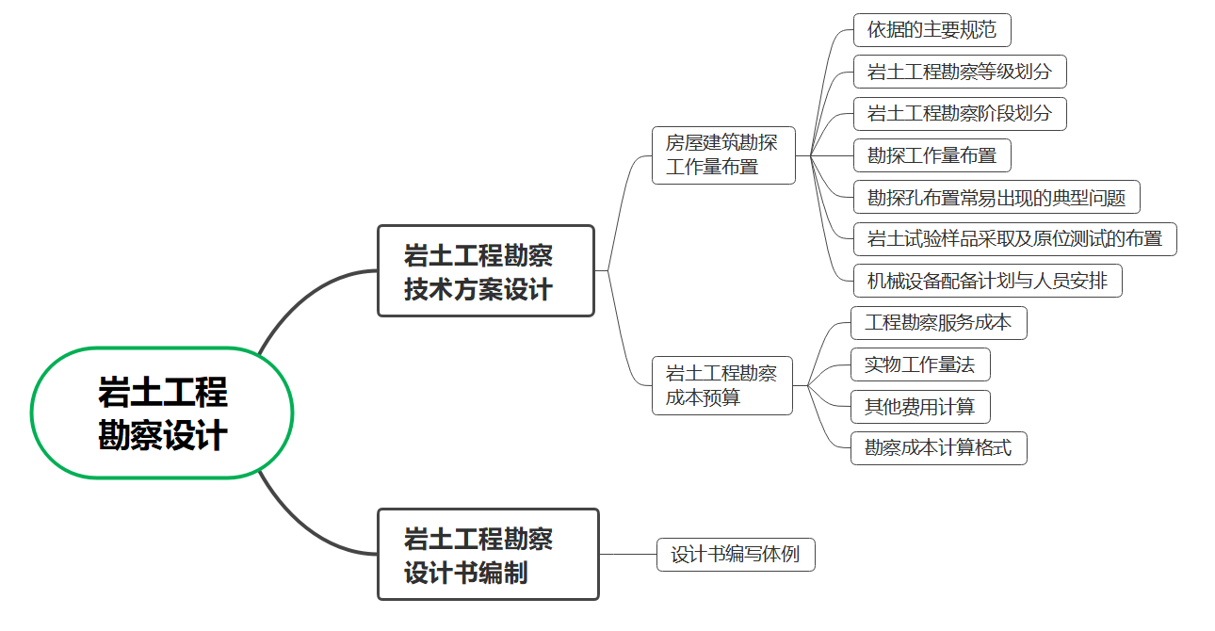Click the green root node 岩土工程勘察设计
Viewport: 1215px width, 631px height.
pos(162,413)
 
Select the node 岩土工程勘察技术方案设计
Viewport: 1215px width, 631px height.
pos(485,270)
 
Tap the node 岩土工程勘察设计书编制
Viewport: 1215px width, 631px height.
pos(488,554)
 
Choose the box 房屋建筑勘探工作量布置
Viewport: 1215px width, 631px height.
pos(723,155)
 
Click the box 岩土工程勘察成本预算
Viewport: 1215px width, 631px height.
pos(722,385)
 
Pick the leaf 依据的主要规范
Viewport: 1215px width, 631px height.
pos(931,30)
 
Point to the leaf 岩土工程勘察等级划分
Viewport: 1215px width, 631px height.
pos(959,72)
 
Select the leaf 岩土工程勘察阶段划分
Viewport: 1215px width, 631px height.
pos(959,114)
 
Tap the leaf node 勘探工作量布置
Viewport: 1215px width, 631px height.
pos(931,155)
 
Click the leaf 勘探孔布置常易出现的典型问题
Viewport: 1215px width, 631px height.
pos(996,197)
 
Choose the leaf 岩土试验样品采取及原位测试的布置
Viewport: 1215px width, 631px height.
pos(1014,238)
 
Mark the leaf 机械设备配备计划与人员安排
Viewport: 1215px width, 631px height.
pos(987,281)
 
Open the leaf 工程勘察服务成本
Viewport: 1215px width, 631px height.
pos(938,323)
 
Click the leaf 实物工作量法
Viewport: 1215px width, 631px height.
pos(919,364)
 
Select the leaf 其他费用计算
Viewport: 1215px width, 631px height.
pos(919,407)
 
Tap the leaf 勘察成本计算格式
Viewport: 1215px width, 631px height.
pos(938,448)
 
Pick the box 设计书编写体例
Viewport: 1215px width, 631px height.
pos(735,555)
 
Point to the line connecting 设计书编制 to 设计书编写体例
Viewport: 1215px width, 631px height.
pos(627,555)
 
